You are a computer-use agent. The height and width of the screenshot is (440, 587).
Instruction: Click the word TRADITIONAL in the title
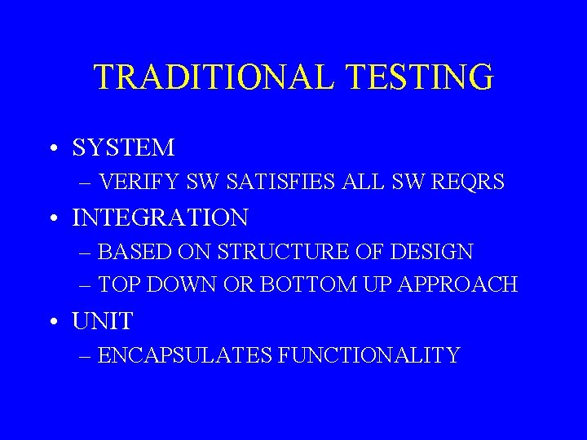tap(214, 77)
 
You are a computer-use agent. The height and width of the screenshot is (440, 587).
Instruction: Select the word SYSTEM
tap(123, 148)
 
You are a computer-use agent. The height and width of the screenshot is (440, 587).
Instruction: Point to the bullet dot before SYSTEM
tap(52, 148)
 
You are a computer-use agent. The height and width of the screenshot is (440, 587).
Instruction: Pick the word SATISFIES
tap(282, 183)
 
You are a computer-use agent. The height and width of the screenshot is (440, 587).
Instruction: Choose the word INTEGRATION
tap(160, 218)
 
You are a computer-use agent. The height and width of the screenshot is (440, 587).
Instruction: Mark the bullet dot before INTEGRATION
tap(52, 218)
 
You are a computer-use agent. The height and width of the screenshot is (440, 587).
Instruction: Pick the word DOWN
tap(186, 285)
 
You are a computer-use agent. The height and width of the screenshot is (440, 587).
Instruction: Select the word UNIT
tap(102, 322)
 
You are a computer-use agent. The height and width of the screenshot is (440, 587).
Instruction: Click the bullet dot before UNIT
tap(52, 322)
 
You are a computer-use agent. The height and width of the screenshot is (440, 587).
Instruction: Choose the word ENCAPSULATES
tap(183, 356)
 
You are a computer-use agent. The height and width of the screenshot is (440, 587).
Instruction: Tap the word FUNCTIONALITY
tap(368, 356)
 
